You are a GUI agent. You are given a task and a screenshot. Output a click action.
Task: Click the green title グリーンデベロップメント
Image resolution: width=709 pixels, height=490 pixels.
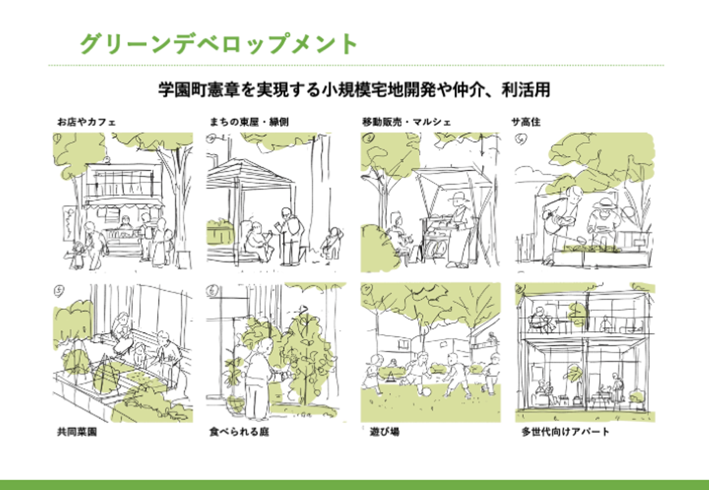pyautogui.click(x=219, y=44)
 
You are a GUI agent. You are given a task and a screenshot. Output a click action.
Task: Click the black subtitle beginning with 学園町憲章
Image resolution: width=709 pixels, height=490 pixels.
pyautogui.click(x=354, y=90)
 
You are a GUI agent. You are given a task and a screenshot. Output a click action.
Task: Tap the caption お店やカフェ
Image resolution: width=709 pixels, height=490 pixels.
pyautogui.click(x=86, y=122)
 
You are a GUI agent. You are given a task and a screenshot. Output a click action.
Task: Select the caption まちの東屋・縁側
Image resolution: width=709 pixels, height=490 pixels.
pyautogui.click(x=249, y=122)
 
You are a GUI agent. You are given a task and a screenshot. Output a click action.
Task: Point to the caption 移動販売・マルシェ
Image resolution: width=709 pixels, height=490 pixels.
pyautogui.click(x=406, y=122)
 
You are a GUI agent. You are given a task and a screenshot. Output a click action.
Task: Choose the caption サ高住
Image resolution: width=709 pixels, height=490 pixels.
pyautogui.click(x=525, y=122)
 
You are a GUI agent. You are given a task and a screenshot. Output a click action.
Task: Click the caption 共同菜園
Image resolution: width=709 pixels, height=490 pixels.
pyautogui.click(x=77, y=431)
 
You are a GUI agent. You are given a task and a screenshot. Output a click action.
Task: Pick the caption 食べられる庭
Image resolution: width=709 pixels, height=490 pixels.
pyautogui.click(x=239, y=431)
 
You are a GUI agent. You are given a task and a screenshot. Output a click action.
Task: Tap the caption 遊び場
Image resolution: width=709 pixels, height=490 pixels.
pyautogui.click(x=385, y=431)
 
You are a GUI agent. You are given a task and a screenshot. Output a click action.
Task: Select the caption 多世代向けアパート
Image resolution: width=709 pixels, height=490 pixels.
pyautogui.click(x=565, y=431)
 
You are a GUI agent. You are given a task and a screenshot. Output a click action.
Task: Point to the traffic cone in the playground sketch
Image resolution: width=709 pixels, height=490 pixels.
pyautogui.click(x=390, y=376)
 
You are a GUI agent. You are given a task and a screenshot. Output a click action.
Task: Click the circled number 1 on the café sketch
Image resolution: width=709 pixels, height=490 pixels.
pyautogui.click(x=59, y=138)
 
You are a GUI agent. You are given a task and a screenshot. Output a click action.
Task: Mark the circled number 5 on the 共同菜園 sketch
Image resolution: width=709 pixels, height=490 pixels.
pyautogui.click(x=59, y=291)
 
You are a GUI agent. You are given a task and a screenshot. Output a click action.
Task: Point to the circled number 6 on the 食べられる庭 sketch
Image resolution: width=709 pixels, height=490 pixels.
pyautogui.click(x=212, y=291)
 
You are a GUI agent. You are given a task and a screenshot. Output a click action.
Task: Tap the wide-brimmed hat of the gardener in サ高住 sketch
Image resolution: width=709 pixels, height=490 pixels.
pyautogui.click(x=603, y=202)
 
